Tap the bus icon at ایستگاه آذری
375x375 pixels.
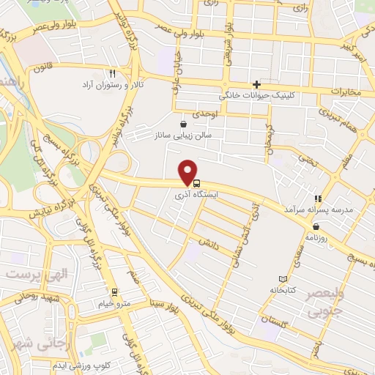pos(195,182)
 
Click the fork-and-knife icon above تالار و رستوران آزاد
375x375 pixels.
pos(112,73)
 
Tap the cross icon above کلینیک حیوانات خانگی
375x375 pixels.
pos(256,84)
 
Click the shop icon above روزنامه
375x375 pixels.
pos(315,226)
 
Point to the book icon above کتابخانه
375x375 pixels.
pos(283,279)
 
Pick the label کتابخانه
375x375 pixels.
pos(283,290)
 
